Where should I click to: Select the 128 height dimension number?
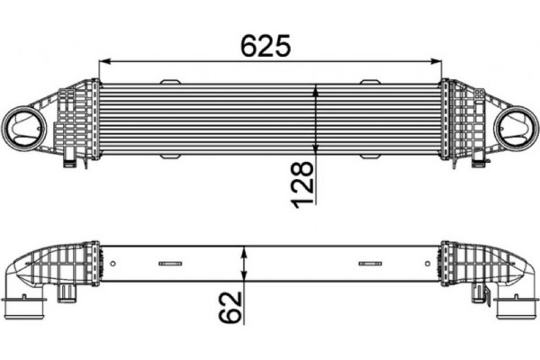[303, 184]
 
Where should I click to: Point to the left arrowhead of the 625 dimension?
[102, 62]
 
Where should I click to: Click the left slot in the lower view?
[170, 264]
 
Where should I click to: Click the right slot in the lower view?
[370, 264]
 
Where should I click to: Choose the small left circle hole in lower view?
[113, 264]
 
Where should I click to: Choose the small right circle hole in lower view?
[427, 264]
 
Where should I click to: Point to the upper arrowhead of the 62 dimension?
[244, 247]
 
